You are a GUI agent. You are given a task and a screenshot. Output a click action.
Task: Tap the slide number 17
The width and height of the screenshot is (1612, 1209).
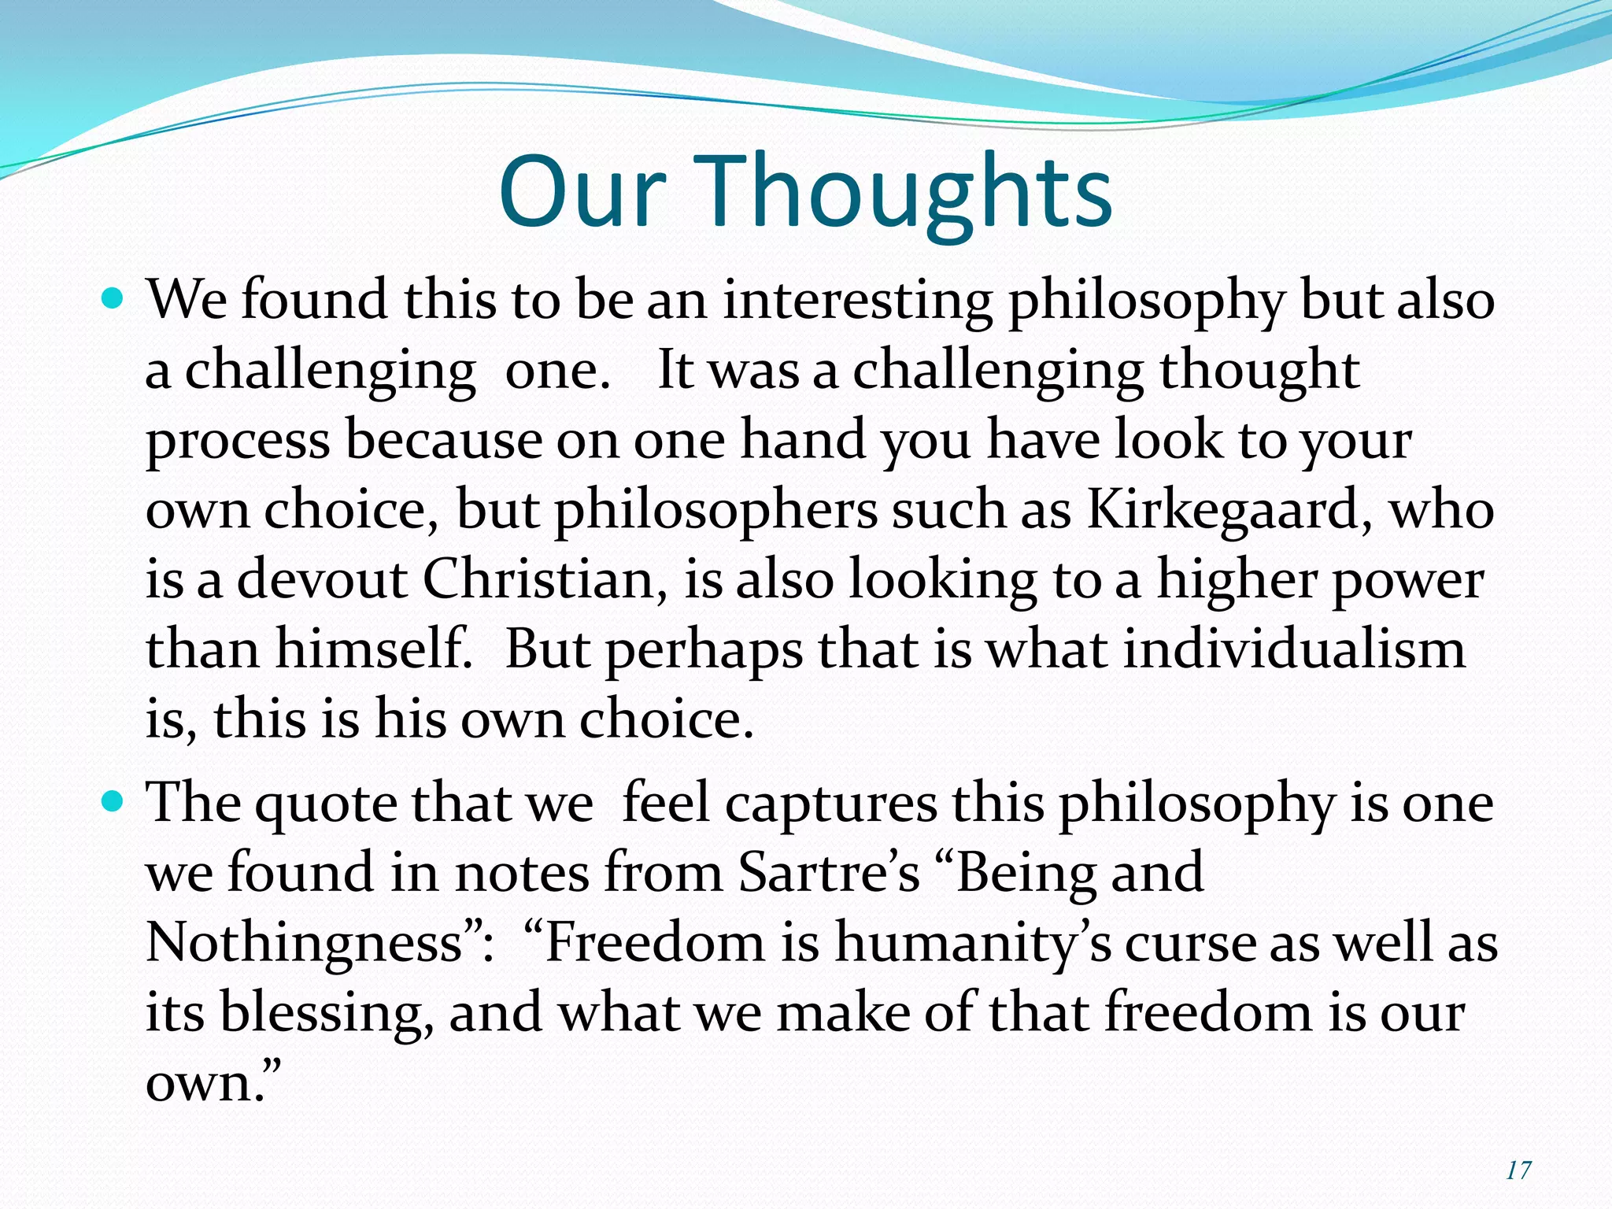pyautogui.click(x=1518, y=1170)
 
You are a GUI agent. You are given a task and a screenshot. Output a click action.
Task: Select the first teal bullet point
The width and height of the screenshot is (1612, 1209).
pyautogui.click(x=113, y=300)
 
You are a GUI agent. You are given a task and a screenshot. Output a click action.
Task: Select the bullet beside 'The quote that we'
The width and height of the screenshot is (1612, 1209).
pyautogui.click(x=113, y=802)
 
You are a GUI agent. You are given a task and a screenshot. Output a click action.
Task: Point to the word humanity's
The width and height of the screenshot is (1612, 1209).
pyautogui.click(x=973, y=944)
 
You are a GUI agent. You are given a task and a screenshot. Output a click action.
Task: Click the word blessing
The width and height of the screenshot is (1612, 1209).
pyautogui.click(x=326, y=1013)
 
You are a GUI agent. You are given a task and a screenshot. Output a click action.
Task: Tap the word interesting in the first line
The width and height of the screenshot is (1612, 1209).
pyautogui.click(x=858, y=301)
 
